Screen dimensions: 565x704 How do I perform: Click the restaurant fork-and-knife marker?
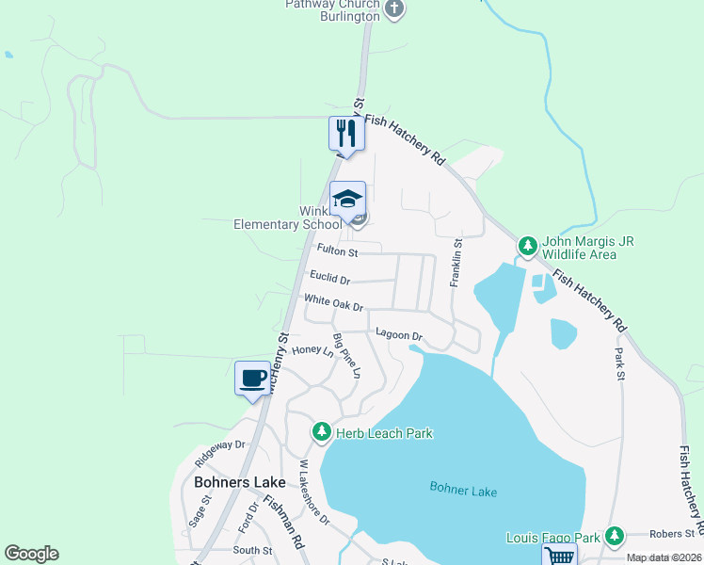pyautogui.click(x=346, y=134)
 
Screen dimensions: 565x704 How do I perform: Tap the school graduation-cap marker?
pyautogui.click(x=347, y=198)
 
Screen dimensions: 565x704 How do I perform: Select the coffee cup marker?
pyautogui.click(x=251, y=378)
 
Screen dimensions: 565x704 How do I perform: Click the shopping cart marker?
pyautogui.click(x=560, y=557)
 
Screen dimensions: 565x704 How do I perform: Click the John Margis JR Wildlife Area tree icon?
pyautogui.click(x=528, y=247)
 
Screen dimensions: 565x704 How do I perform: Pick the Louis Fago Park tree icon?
pyautogui.click(x=615, y=537)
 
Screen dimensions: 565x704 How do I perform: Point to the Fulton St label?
pyautogui.click(x=338, y=251)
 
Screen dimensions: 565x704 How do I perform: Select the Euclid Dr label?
pyautogui.click(x=330, y=279)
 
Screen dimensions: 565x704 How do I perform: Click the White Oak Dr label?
pyautogui.click(x=333, y=304)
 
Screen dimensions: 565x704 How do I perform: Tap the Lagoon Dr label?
pyautogui.click(x=400, y=334)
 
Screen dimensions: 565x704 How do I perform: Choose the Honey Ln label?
pyautogui.click(x=313, y=350)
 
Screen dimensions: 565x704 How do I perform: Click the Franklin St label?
pyautogui.click(x=456, y=263)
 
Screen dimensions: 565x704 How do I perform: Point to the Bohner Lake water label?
pyautogui.click(x=463, y=490)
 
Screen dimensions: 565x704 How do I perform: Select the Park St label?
pyautogui.click(x=619, y=359)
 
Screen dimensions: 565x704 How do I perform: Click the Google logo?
pyautogui.click(x=32, y=554)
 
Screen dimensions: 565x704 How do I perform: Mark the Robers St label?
pyautogui.click(x=670, y=532)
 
